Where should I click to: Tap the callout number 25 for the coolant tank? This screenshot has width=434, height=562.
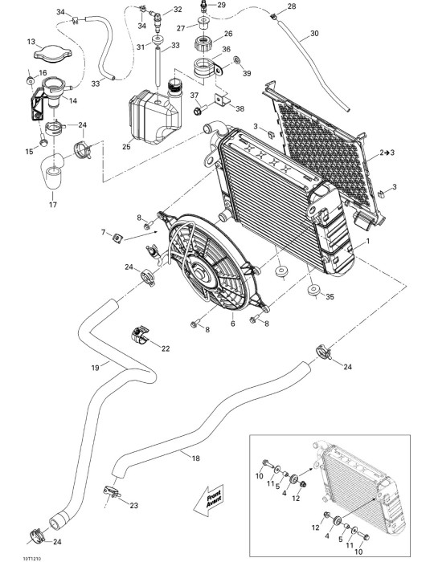click(126, 147)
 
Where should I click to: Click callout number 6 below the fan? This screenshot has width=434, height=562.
click(233, 324)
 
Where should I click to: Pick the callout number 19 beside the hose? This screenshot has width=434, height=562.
click(95, 368)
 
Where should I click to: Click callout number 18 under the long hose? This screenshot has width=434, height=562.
click(196, 458)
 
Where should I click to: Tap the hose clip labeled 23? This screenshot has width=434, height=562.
click(112, 491)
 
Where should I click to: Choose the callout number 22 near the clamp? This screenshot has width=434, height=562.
click(166, 348)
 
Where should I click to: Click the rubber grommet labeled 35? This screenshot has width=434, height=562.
click(313, 290)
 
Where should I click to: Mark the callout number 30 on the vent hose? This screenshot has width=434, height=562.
click(314, 34)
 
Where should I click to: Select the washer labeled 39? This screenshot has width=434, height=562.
click(237, 60)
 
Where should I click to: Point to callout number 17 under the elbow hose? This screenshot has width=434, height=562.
click(53, 205)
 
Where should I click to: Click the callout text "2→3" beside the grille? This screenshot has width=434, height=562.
click(387, 153)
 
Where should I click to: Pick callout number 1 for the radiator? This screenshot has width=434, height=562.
click(367, 242)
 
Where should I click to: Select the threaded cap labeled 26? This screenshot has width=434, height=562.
click(203, 43)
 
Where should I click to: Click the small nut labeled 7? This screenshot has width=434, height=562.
click(117, 238)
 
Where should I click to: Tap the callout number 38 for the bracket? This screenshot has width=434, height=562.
click(240, 108)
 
